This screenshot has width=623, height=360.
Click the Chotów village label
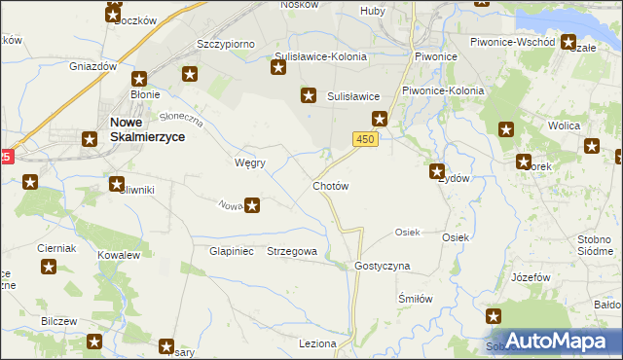coord(330,185)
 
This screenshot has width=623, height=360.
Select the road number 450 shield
coord(365,141)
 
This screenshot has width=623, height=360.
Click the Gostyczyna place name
coord(383,266)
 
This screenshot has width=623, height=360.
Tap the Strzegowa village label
coord(292,251)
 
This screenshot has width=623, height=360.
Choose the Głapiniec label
coord(232,251)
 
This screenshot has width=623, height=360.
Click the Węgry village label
coord(250,162)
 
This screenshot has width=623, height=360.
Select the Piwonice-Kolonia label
coord(443,90)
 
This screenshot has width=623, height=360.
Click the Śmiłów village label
coord(415,299)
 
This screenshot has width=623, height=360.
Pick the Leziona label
coord(317,343)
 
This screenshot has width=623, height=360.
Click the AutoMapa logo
coord(551,342)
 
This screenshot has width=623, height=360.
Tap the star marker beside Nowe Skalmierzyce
coord(89,139)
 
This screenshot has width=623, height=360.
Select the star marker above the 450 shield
coord(380,120)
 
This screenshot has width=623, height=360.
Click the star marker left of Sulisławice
coord(309,95)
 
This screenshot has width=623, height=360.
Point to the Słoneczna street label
coord(181,118)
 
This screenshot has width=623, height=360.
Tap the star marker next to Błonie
coord(139,79)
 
